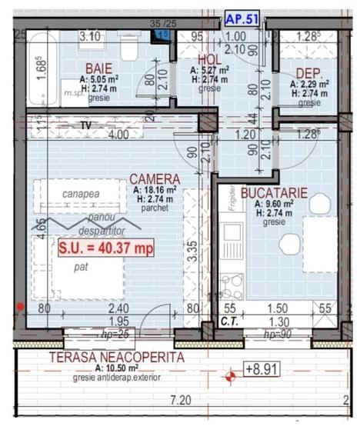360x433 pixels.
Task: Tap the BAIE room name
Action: pyautogui.click(x=98, y=68)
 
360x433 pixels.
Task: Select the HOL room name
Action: pyautogui.click(x=208, y=58)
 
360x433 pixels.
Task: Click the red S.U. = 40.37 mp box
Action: pyautogui.click(x=105, y=248)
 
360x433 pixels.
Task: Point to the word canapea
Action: pyautogui.click(x=81, y=195)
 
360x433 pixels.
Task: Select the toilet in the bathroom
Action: pyautogui.click(x=130, y=49)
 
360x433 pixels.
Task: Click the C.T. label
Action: pyautogui.click(x=228, y=321)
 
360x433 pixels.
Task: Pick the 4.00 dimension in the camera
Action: pyautogui.click(x=118, y=135)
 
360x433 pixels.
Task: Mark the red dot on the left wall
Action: pyautogui.click(x=19, y=306)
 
